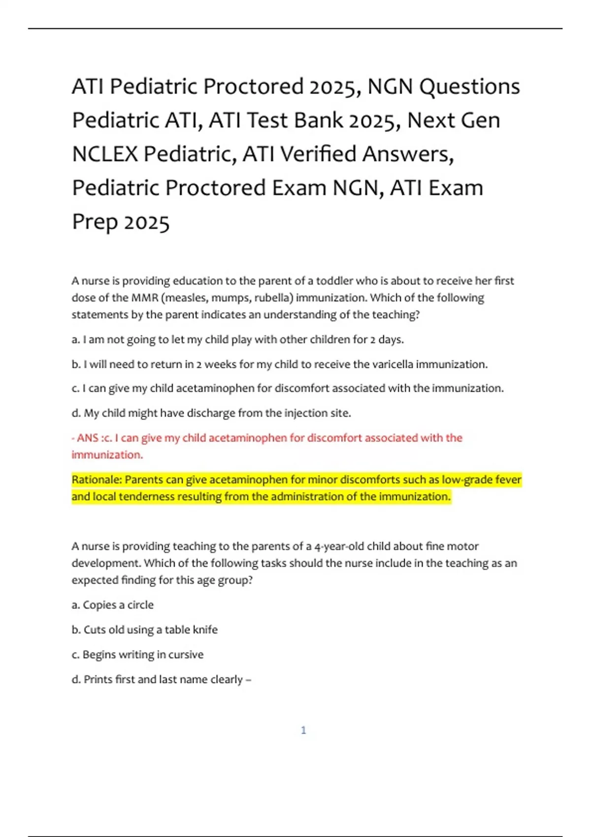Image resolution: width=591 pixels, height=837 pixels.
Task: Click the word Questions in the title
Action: click(470, 87)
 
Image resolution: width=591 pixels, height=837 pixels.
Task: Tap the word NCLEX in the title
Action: click(105, 154)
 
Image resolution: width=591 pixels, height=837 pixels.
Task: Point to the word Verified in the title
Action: click(318, 154)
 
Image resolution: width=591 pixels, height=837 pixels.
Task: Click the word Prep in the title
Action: click(94, 222)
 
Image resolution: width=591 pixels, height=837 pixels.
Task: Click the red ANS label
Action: click(88, 438)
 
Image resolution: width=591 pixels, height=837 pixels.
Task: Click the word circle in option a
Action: click(140, 605)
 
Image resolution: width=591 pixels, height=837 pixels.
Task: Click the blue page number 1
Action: click(303, 730)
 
